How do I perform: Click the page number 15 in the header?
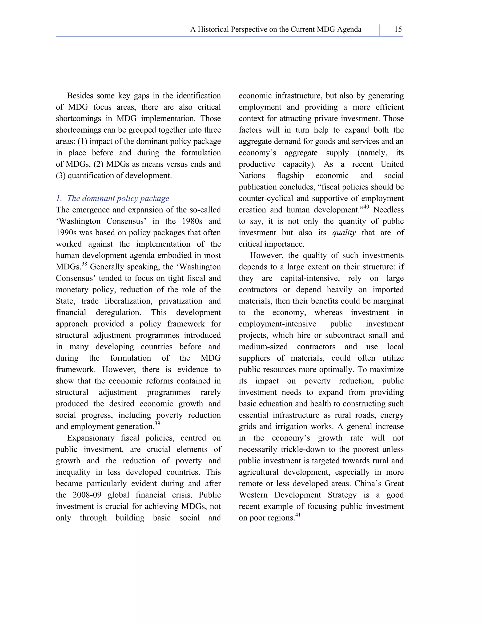[398, 29]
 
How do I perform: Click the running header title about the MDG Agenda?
[276, 29]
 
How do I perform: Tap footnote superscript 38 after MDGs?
[84, 264]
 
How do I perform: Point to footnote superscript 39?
[157, 424]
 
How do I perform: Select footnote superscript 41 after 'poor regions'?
[297, 515]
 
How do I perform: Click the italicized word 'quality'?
[344, 233]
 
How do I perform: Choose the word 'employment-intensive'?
[277, 324]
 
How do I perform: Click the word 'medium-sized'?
[263, 347]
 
